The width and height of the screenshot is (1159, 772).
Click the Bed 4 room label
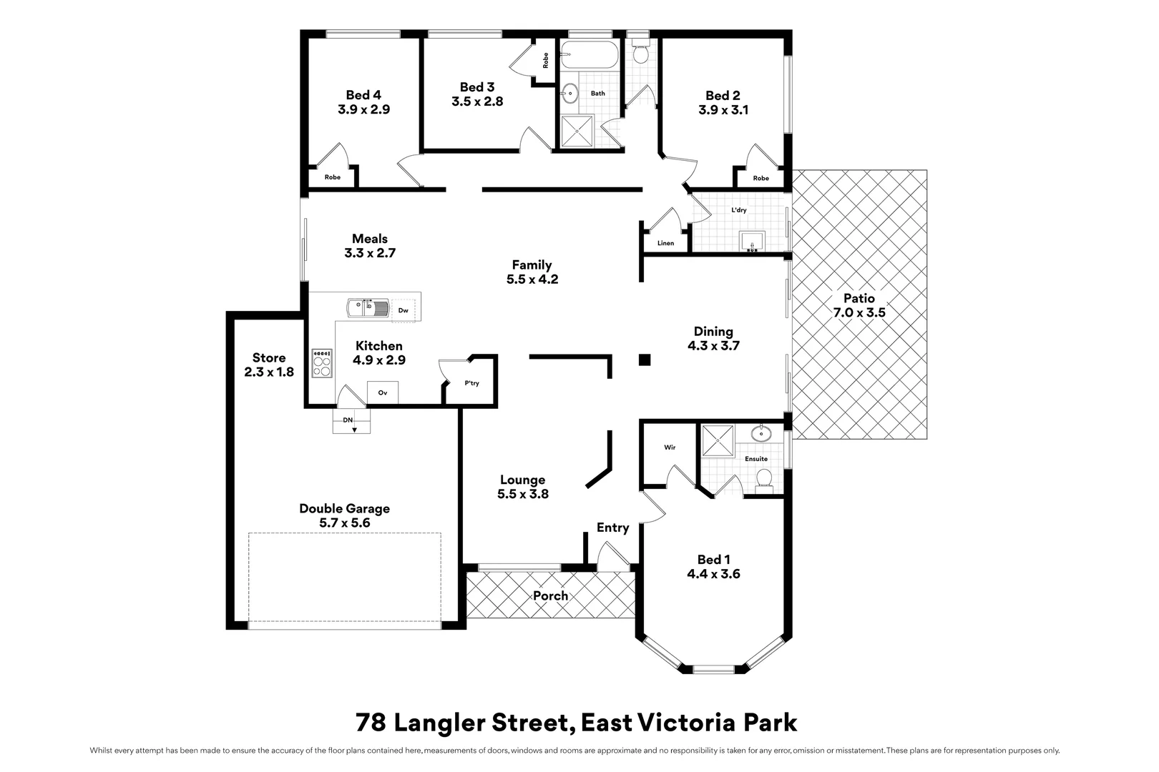363,95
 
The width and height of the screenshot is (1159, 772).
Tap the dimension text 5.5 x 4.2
532,279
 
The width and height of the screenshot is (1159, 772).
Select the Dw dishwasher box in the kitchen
404,310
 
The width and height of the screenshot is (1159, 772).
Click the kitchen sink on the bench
368,308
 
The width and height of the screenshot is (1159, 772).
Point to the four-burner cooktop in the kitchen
322,363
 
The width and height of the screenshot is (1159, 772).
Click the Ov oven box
383,392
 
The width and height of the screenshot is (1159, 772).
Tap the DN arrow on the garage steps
354,429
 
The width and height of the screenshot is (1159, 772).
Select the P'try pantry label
471,383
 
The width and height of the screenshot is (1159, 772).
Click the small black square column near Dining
645,360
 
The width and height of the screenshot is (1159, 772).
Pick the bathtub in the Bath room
588,55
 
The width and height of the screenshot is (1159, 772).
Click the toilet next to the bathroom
640,54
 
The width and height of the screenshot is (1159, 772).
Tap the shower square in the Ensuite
718,440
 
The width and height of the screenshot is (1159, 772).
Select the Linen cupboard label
665,243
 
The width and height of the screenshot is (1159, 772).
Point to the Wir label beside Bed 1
670,447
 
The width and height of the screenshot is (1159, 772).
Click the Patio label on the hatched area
859,299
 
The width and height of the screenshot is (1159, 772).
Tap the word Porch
550,595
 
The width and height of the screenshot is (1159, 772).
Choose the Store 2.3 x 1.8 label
269,365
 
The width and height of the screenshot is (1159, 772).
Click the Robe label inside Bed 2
761,178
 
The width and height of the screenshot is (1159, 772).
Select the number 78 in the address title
371,723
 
